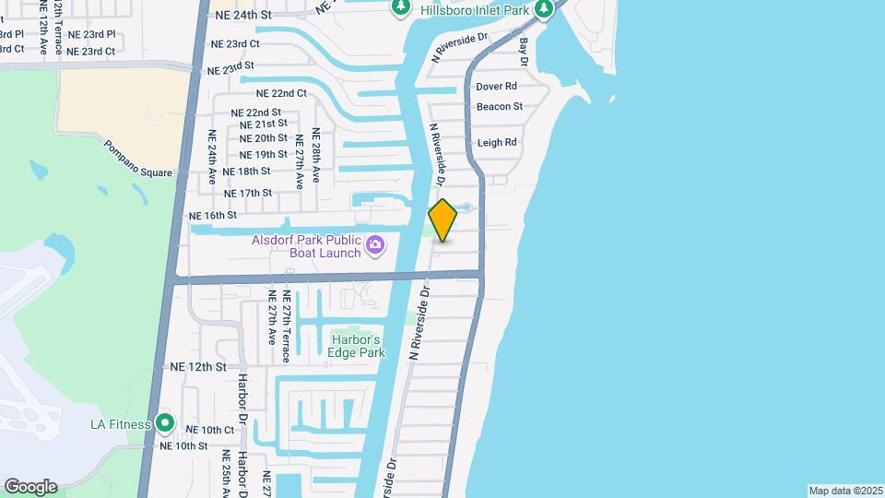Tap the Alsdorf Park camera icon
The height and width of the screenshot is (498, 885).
click(375, 245)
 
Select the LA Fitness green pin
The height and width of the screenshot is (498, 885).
click(165, 423)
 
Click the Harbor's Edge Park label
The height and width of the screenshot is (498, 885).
click(357, 346)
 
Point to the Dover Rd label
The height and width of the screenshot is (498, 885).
click(497, 87)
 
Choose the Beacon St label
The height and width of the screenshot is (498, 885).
click(500, 107)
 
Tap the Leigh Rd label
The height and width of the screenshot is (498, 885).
click(497, 143)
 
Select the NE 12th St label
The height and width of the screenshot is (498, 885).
click(198, 367)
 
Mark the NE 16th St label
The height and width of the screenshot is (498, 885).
click(213, 215)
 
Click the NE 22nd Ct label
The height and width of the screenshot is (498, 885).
click(281, 94)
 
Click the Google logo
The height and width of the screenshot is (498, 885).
click(30, 487)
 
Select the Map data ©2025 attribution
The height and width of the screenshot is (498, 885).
click(844, 491)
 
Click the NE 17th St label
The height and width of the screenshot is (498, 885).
click(248, 194)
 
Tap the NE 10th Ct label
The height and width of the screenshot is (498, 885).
click(210, 430)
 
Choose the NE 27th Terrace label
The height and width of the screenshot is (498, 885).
click(287, 327)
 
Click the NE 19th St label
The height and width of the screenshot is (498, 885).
click(263, 154)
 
